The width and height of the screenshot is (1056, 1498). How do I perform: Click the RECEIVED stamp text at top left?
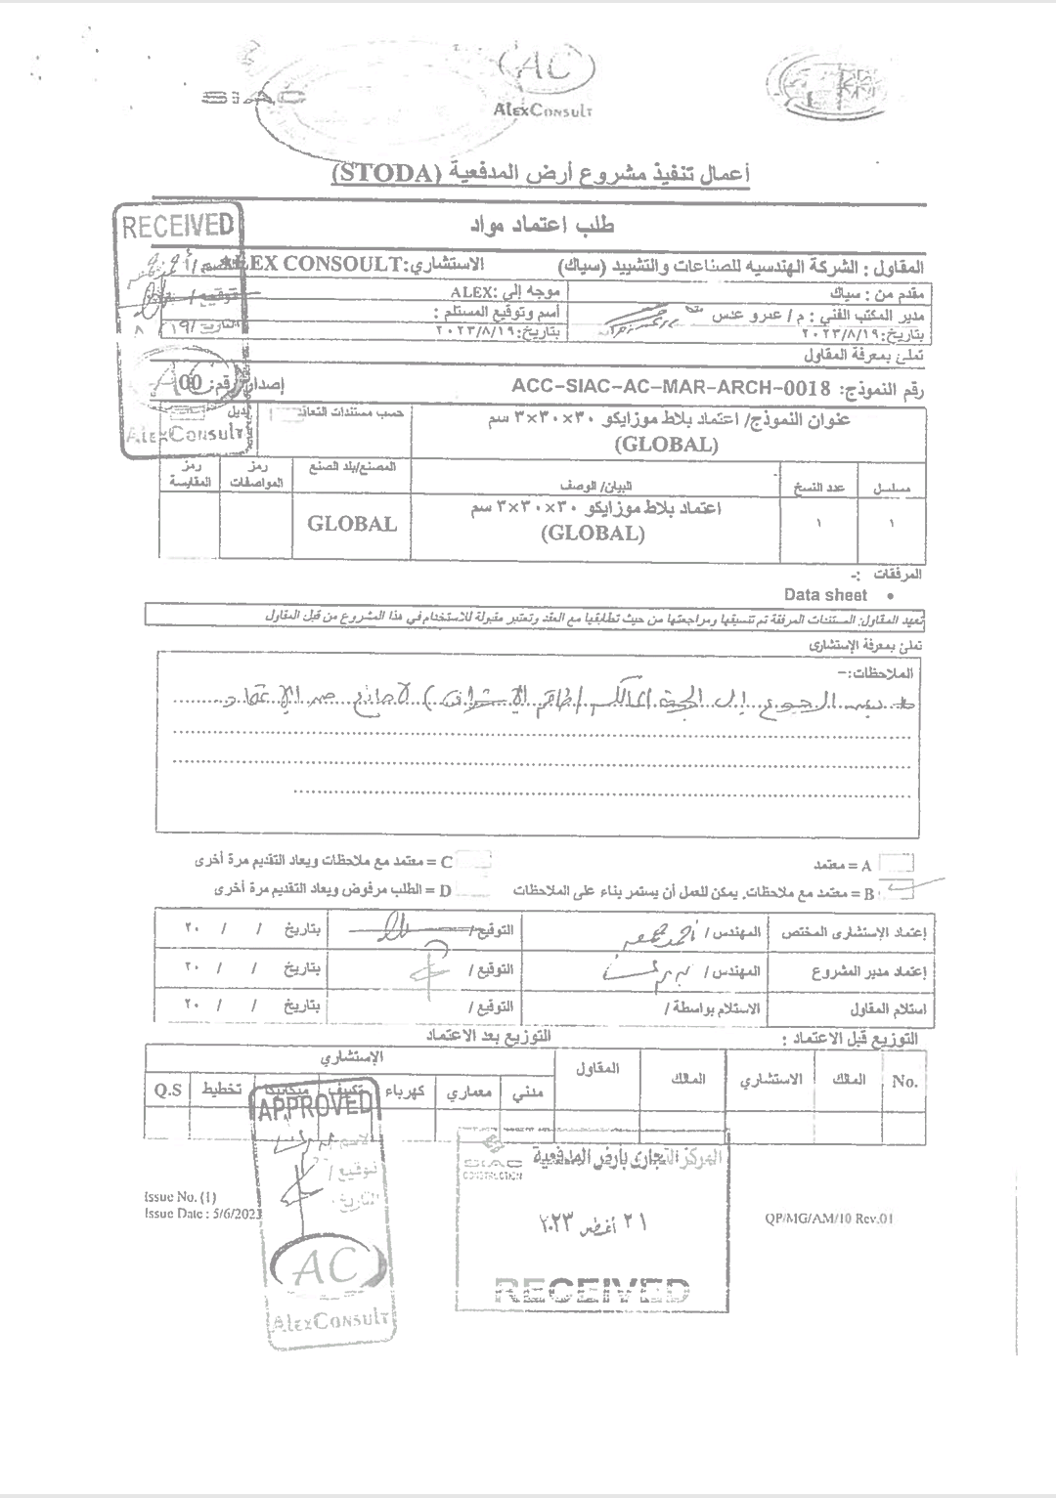click(x=178, y=226)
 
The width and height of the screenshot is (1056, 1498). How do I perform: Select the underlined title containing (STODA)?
click(x=541, y=173)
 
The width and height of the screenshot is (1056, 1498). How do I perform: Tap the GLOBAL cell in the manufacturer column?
click(x=352, y=523)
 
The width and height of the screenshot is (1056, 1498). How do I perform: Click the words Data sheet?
click(x=825, y=595)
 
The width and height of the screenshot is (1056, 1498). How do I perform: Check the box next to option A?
click(x=896, y=863)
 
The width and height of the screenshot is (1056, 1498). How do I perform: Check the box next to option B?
click(x=898, y=889)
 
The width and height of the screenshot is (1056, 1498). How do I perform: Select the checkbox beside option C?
click(x=474, y=861)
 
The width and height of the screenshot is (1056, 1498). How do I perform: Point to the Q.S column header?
click(x=167, y=1090)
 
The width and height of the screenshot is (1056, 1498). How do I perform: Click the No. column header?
click(x=904, y=1081)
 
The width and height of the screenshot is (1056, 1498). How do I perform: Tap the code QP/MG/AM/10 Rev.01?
click(x=829, y=1218)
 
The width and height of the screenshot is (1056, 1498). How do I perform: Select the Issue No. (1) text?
click(x=180, y=1196)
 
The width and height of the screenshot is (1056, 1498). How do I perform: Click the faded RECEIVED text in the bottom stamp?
click(x=593, y=1292)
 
